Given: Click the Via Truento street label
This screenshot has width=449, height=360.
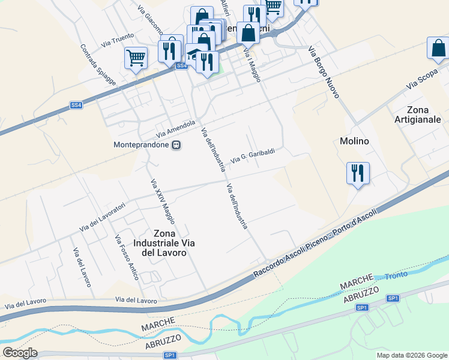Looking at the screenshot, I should point(118,40).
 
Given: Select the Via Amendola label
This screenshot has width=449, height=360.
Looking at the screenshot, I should point(176,128).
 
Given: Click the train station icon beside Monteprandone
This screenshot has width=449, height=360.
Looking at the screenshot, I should point(176,145).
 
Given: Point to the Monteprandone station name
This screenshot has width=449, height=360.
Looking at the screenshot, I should point(141,145).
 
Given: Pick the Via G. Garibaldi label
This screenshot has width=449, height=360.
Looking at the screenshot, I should point(253,155).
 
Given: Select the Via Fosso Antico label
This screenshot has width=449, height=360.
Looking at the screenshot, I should point(127,257).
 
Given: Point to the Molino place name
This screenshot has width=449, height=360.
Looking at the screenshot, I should point(354,141).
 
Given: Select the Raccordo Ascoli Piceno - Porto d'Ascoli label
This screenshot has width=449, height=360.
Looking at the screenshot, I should point(317,242).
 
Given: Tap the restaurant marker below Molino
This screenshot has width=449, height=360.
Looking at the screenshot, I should point(358,173).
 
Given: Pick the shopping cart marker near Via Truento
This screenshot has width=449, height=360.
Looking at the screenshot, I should point(136,59).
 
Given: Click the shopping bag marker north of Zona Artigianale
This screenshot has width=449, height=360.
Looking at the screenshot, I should point(438,49).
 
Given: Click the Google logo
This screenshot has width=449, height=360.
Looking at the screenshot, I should point(20,353).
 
